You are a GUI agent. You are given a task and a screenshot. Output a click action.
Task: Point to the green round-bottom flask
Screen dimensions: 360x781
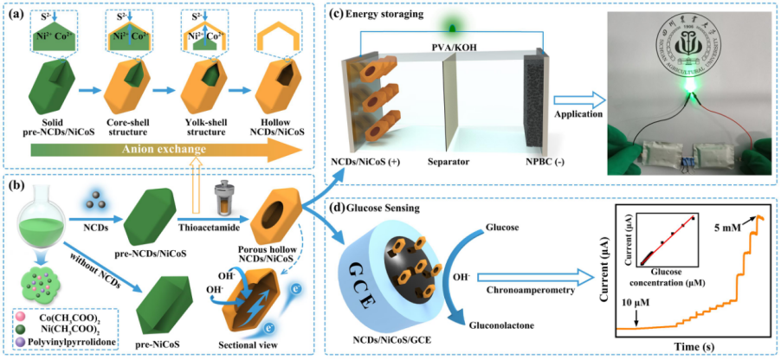click(41, 211)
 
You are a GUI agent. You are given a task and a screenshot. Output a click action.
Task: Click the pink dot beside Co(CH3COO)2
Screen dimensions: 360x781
click(33, 320)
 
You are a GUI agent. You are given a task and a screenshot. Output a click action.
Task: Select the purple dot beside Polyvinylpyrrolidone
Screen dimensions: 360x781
click(33, 344)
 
